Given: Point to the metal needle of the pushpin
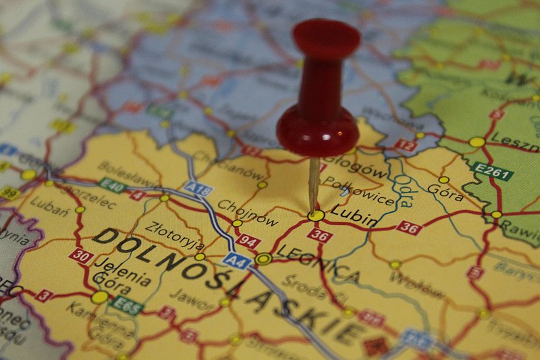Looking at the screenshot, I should (x=314, y=182).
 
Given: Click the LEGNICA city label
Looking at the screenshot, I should (x=318, y=264).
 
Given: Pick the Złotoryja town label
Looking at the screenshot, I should (x=174, y=236).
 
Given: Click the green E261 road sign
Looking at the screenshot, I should (x=492, y=172).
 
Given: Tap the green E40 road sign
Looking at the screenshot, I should (x=112, y=185).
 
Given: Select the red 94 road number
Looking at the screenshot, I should (x=248, y=241).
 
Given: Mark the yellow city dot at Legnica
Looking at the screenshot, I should (x=264, y=259).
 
